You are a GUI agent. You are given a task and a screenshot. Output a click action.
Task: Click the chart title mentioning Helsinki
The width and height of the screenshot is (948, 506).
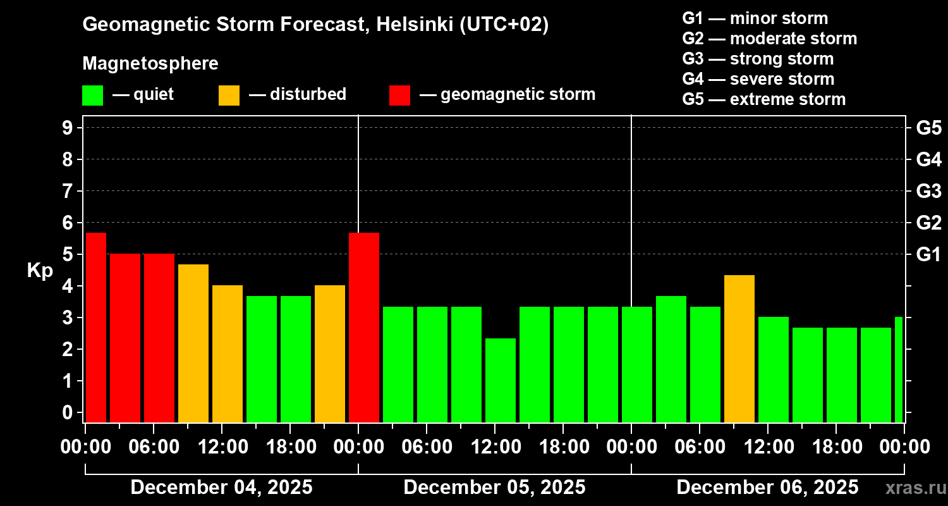315,25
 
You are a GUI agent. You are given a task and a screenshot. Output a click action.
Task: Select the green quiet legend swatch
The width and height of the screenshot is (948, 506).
93,95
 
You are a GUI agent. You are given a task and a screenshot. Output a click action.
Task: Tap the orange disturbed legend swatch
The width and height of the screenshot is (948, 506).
229,95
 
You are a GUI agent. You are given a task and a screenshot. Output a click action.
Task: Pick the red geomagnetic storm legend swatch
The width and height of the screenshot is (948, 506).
399,95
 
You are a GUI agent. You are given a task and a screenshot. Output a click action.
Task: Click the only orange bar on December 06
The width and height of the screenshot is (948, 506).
739,349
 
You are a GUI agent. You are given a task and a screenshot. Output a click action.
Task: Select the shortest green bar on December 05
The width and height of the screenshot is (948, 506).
501,380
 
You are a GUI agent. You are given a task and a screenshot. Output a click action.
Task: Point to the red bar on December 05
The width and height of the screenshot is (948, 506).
364,327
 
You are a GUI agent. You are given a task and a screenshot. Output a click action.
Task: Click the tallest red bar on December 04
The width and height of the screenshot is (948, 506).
96,327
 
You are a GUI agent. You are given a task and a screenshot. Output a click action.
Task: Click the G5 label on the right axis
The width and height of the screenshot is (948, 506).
928,128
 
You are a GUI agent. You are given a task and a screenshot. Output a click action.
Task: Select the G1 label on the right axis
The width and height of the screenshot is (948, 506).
928,254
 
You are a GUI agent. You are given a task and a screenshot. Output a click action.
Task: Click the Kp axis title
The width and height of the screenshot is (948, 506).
39,271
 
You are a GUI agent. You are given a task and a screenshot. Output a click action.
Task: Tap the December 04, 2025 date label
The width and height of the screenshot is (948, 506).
221,488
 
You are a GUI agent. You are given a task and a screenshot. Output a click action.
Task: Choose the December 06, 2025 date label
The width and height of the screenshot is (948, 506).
767,488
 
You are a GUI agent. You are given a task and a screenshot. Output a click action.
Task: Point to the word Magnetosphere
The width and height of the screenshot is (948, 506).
150,64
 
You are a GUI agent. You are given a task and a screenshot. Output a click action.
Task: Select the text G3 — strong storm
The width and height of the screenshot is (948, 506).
758,59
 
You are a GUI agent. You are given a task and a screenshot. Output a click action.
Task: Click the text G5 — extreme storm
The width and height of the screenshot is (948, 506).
763,99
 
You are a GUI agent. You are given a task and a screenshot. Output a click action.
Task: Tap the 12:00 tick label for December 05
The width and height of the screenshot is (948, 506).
495,447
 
